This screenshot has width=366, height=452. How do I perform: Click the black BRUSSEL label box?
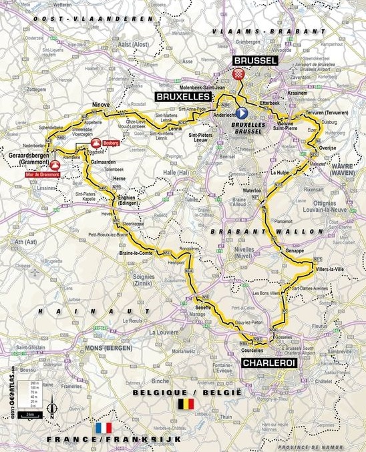(x=254, y=61)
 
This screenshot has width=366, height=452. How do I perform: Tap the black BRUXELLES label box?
(x=182, y=97)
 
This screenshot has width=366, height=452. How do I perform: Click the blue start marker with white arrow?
(x=241, y=114)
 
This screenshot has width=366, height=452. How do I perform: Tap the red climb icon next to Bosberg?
(x=96, y=142)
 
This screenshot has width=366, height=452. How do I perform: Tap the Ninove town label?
(x=101, y=104)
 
